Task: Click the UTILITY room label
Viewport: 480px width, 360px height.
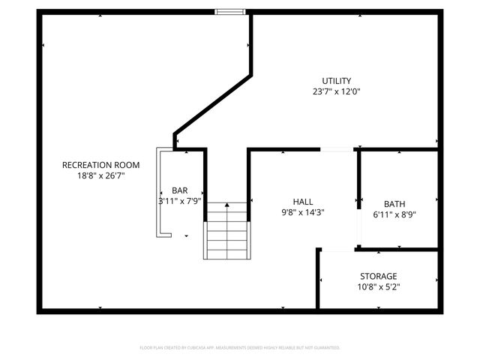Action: point(337,81)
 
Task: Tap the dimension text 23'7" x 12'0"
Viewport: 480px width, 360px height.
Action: point(337,91)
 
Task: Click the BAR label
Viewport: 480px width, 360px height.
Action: point(179,190)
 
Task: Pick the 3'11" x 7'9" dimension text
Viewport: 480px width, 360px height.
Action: point(180,201)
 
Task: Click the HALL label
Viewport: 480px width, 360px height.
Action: point(303,202)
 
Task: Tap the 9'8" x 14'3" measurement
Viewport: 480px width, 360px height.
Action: point(303,212)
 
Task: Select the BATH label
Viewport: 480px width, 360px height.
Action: point(394,204)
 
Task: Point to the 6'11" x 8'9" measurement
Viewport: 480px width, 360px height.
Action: point(394,214)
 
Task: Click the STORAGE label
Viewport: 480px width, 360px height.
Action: point(378,276)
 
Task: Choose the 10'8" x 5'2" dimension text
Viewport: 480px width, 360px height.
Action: point(378,286)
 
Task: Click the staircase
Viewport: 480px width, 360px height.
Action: point(226,234)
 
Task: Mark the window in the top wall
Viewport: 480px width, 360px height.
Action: point(230,11)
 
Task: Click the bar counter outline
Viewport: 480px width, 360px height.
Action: point(158,192)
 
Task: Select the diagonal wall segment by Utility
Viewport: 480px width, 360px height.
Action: point(214,104)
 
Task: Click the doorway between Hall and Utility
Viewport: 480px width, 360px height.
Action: point(337,150)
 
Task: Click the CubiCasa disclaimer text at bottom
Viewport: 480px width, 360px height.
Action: point(240,348)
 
